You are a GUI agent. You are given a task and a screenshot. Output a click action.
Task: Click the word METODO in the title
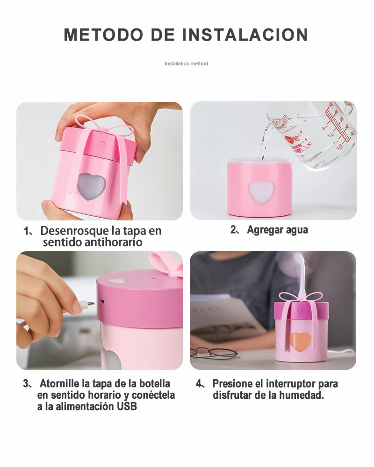[103, 35]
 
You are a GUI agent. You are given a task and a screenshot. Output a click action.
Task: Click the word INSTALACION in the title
[245, 35]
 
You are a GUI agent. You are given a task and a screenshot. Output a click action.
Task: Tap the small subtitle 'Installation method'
[186, 64]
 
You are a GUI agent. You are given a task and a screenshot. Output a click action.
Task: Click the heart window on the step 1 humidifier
[92, 186]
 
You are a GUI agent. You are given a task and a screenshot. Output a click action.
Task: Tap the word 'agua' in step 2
[297, 230]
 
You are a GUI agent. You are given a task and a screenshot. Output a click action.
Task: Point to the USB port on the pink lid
[102, 302]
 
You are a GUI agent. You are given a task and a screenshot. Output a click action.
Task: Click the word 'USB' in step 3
[127, 406]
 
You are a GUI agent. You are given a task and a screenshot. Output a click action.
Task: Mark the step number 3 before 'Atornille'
[26, 383]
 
